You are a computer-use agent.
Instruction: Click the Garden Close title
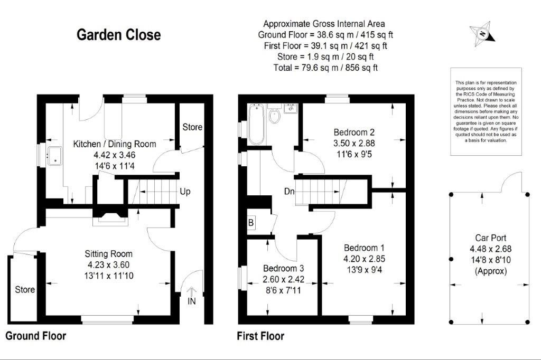[x=119, y=35]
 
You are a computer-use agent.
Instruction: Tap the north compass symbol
[x=482, y=34]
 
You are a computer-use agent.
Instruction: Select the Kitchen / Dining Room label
[x=115, y=144]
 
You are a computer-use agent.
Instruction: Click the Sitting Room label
[x=109, y=254]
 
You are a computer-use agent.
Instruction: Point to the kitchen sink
[x=54, y=156]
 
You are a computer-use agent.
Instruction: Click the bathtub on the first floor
[x=256, y=124]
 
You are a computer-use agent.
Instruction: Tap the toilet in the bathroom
[x=275, y=115]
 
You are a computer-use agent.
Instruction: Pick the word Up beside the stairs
[x=185, y=192]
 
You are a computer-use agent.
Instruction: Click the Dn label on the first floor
[x=289, y=191]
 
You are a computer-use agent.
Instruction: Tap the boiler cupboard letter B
[x=251, y=223]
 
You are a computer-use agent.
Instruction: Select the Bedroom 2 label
[x=354, y=132]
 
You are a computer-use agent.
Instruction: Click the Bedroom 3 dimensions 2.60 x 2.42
[x=283, y=279]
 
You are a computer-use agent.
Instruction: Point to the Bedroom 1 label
[x=364, y=248]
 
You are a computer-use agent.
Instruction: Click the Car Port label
[x=491, y=238]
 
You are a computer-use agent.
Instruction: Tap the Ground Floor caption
[x=36, y=336]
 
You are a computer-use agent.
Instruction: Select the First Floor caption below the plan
[x=260, y=336]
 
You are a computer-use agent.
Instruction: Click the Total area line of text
[x=325, y=68]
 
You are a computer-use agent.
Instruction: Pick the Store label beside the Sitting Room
[x=25, y=289]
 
